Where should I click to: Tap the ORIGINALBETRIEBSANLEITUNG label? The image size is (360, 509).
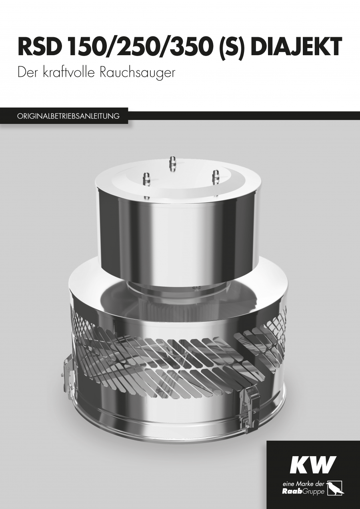pyautogui.click(x=68, y=116)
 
